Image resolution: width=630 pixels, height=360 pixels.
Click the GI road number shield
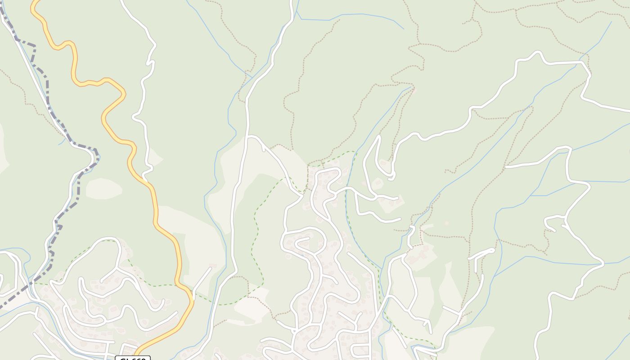pos(133,358)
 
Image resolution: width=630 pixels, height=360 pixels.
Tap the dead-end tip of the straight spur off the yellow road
pos(210,269)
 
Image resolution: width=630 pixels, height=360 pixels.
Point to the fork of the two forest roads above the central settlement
pos(249,136)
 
